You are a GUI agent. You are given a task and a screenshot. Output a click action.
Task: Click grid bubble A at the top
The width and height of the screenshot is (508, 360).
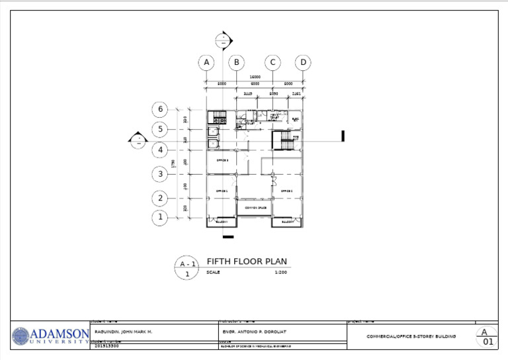206,63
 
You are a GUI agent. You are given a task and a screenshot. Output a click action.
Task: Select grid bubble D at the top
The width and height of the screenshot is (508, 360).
303,63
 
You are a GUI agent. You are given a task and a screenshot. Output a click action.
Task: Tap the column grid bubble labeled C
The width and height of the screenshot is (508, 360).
272,63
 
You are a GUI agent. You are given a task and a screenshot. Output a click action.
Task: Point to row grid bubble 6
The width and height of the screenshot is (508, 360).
159,109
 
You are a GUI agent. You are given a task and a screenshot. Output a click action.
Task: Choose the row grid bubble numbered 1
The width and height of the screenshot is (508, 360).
159,217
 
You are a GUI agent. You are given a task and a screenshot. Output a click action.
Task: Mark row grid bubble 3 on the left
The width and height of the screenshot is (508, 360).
159,174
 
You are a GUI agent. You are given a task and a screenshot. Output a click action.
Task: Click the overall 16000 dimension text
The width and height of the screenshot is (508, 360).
255,77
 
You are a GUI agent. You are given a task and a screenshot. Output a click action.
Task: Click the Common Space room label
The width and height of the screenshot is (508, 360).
255,208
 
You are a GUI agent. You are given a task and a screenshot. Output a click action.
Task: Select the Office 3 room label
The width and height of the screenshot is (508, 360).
222,160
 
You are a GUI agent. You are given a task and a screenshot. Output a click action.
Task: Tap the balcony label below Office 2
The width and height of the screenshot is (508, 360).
288,222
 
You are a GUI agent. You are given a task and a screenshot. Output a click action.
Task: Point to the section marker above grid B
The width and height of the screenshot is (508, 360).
224,39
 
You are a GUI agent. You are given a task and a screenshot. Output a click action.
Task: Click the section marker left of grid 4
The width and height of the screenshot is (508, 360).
138,140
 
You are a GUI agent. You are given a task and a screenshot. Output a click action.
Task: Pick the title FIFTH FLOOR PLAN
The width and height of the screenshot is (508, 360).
247,261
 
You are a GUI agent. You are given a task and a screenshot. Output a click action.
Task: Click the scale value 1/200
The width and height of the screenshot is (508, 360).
280,272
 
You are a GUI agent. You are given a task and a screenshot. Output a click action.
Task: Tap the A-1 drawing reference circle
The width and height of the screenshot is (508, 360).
187,267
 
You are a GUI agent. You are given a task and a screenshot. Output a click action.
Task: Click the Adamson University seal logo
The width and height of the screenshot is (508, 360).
21,336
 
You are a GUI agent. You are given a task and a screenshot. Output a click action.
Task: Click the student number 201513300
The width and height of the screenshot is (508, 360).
107,345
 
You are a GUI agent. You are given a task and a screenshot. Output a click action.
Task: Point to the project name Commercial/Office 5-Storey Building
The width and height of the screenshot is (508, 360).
411,336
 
